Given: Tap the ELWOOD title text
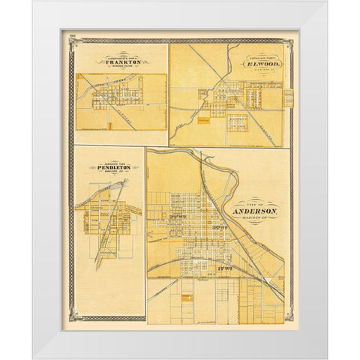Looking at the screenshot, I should pyautogui.click(x=256, y=65).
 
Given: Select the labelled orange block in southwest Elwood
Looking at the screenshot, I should pyautogui.click(x=184, y=118).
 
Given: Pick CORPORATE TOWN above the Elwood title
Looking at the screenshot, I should pyautogui.click(x=256, y=58).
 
